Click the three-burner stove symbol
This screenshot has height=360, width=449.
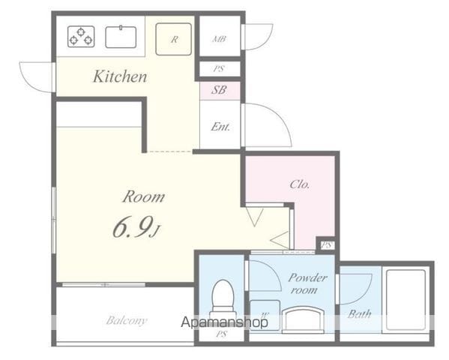click(81, 37)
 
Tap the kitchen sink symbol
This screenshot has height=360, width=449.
click(121, 37)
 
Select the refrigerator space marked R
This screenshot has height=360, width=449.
click(174, 39)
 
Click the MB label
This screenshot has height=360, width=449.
click(220, 39)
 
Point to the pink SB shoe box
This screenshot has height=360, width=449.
click(220, 91)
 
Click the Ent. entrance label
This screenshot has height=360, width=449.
click(220, 127)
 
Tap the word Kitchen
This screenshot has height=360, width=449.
click(120, 76)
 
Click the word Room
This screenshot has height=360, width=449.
click(144, 197)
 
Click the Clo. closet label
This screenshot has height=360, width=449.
click(300, 184)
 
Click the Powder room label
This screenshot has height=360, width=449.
click(307, 283)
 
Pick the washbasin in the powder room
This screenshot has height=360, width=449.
click(303, 319)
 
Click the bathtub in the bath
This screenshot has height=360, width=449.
click(406, 300)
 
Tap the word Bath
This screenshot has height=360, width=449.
click(359, 314)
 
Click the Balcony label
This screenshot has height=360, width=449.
click(126, 320)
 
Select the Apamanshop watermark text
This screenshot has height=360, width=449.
click(225, 322)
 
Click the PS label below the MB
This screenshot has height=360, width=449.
click(219, 69)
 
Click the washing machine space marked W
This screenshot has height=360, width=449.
click(265, 315)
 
